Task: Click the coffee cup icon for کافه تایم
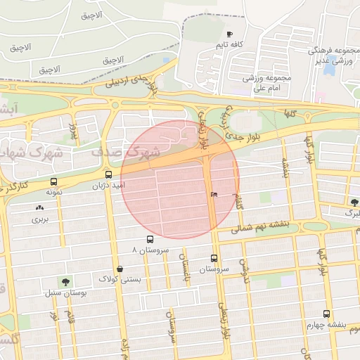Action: pos(229,34)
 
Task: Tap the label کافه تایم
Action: pos(229,45)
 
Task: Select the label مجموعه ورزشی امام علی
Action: pos(266,84)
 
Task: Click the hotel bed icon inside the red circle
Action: pos(214,194)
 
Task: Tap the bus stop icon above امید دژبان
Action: pos(108,174)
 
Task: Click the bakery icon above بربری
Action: pos(38,207)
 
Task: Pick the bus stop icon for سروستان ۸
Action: pos(148,239)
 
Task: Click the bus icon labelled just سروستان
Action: pos(214,257)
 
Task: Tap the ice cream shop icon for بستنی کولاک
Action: pos(120,269)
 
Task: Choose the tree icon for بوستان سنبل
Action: pos(65,281)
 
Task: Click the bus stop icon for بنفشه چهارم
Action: pos(326,314)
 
